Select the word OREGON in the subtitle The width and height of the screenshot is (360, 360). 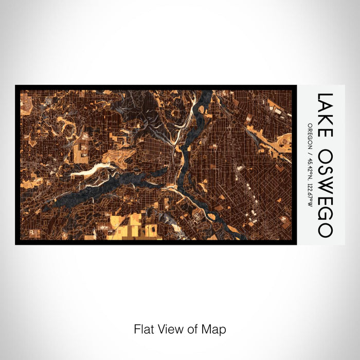coord(309,134)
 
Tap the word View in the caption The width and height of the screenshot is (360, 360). coord(169,329)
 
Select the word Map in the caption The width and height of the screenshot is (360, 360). coord(215,329)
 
